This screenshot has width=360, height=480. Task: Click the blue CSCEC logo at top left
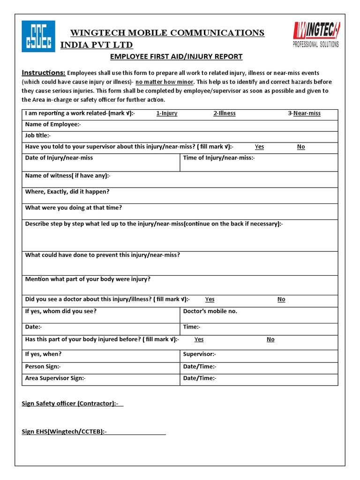(38, 36)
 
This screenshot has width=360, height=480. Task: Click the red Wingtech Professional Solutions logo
(316, 35)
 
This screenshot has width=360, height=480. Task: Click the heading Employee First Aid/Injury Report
(176, 57)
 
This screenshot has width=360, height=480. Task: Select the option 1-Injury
(167, 113)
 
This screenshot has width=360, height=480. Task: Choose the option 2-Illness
(225, 113)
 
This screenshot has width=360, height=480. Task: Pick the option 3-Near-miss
(304, 113)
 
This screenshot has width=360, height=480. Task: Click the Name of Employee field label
(53, 124)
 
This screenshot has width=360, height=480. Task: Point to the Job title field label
(38, 135)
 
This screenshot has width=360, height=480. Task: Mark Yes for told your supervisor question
(259, 147)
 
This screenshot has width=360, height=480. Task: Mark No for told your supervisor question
(301, 147)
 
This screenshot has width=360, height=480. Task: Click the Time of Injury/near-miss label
(219, 158)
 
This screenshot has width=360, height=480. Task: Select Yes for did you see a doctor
(210, 300)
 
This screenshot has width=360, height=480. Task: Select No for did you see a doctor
(281, 300)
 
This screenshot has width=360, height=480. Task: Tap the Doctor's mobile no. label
(210, 311)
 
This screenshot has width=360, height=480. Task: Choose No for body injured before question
(270, 339)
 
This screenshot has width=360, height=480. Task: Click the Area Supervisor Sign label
(55, 378)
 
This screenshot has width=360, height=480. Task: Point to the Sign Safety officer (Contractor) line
(73, 404)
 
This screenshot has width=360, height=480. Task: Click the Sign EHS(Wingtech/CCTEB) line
(94, 432)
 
